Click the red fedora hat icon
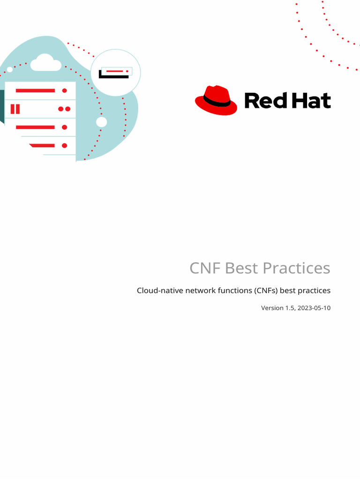pyautogui.click(x=216, y=100)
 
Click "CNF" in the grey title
pyautogui.click(x=205, y=268)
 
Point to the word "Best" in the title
pyautogui.click(x=242, y=268)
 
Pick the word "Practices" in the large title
pyautogui.click(x=296, y=268)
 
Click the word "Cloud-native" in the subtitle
pyautogui.click(x=160, y=291)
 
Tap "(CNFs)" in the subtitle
pyautogui.click(x=266, y=291)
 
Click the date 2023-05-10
pyautogui.click(x=314, y=308)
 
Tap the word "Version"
pyautogui.click(x=272, y=308)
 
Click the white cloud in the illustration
pyautogui.click(x=46, y=62)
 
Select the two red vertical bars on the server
pyautogui.click(x=15, y=109)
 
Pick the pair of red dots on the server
pyautogui.click(x=64, y=109)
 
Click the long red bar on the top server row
pyautogui.click(x=35, y=90)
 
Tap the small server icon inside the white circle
pyautogui.click(x=115, y=72)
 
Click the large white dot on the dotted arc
pyautogui.click(x=101, y=122)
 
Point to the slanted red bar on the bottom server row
pyautogui.click(x=42, y=145)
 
